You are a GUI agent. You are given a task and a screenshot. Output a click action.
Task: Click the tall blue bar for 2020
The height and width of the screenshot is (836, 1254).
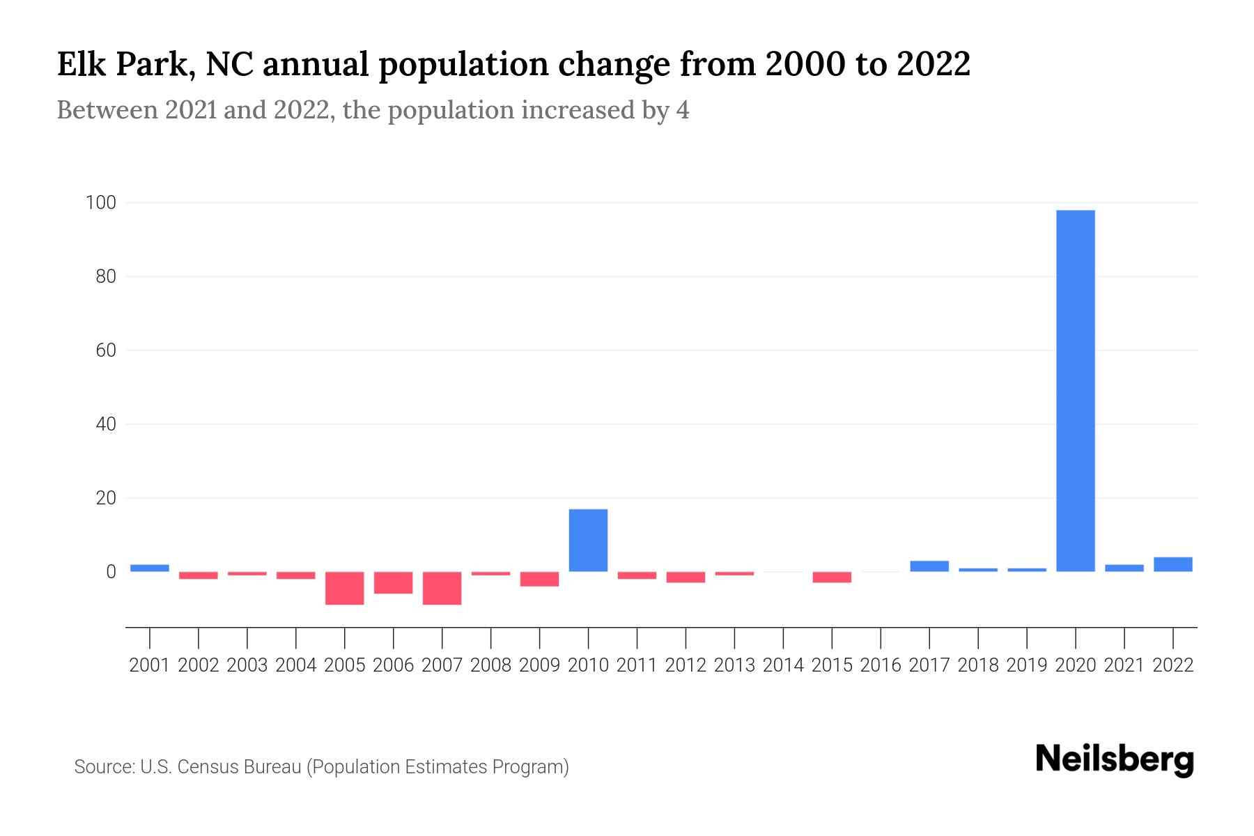tap(1076, 390)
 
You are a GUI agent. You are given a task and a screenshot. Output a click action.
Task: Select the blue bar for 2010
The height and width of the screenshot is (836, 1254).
tap(588, 541)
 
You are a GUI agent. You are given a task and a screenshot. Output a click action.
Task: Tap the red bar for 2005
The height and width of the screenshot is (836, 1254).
tap(345, 588)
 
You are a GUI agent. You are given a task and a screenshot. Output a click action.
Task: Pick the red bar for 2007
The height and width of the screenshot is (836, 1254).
tap(442, 588)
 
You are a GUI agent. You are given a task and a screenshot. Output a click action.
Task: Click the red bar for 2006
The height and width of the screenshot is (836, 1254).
tap(394, 582)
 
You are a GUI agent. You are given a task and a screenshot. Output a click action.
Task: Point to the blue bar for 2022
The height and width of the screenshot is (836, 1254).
tap(1173, 564)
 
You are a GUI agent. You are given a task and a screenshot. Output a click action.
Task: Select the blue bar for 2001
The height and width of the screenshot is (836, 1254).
tap(150, 568)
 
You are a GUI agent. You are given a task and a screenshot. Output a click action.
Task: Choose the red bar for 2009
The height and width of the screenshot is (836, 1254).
tap(539, 579)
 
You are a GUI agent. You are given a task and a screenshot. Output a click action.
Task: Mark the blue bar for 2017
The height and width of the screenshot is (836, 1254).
tap(929, 566)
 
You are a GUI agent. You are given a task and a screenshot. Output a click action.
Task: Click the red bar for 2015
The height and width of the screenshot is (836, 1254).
tap(832, 577)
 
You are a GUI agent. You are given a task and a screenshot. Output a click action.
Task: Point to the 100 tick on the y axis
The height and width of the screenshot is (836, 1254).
tap(100, 203)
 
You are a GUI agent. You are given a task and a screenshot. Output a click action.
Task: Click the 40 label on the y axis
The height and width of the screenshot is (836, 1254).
tap(105, 424)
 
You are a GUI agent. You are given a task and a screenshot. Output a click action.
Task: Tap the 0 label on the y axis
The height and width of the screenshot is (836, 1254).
tap(111, 572)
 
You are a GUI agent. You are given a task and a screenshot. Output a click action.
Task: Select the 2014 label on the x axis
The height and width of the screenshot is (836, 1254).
tap(783, 665)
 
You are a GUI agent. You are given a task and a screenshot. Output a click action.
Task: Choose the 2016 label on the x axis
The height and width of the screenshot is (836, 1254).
tap(881, 665)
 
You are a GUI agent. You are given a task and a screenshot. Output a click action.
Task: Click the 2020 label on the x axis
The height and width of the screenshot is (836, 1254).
tap(1076, 665)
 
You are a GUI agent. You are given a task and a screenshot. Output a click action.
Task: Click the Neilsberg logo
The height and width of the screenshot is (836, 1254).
tap(1115, 759)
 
